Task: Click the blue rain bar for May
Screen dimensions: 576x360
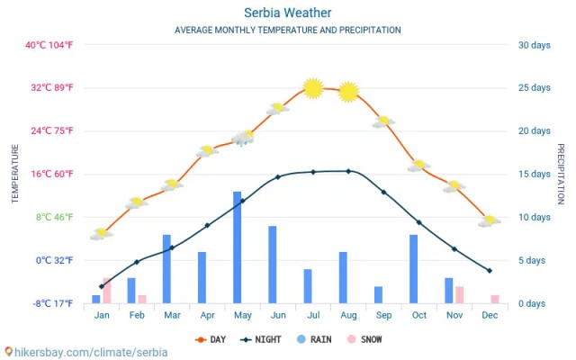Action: point(237,247)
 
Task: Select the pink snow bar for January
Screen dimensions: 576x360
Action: point(106,291)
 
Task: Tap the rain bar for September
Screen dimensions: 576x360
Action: point(378,295)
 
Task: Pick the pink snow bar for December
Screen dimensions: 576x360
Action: point(495,300)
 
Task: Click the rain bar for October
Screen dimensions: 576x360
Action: point(414,269)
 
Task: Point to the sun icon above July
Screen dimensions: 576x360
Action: point(313,88)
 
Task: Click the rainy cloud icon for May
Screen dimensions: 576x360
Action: point(242,138)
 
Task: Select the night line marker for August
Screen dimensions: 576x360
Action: point(348,171)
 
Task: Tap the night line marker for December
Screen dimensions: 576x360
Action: point(490,271)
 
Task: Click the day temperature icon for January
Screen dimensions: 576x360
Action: point(102,234)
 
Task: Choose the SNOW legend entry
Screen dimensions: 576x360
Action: point(364,339)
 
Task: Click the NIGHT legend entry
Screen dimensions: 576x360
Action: point(261,339)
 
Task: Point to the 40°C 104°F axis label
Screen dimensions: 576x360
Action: point(49,45)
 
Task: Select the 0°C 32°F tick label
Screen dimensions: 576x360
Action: point(54,260)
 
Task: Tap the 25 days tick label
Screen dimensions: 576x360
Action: point(534,88)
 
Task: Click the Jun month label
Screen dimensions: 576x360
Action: point(278,315)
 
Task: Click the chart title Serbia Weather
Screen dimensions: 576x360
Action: point(288,13)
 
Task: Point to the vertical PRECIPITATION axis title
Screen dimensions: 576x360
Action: point(561,174)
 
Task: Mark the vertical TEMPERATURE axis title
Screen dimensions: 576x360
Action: point(15,174)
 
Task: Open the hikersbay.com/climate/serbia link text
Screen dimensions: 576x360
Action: point(91,353)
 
